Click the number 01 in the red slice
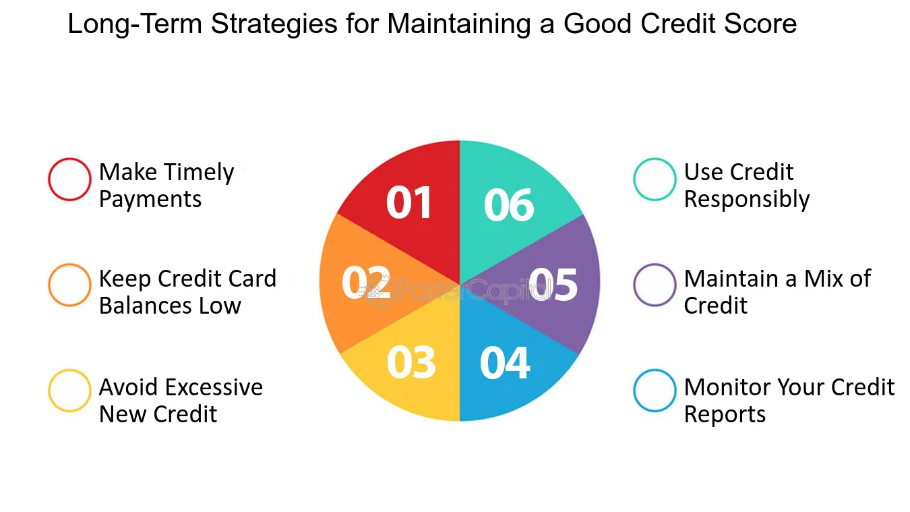coord(408,202)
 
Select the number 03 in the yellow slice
coord(411,362)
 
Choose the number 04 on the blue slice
coord(505,363)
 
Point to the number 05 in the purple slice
coord(553,285)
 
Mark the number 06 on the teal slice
coord(509,205)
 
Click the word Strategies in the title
coord(274,24)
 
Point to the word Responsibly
coord(747,200)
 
